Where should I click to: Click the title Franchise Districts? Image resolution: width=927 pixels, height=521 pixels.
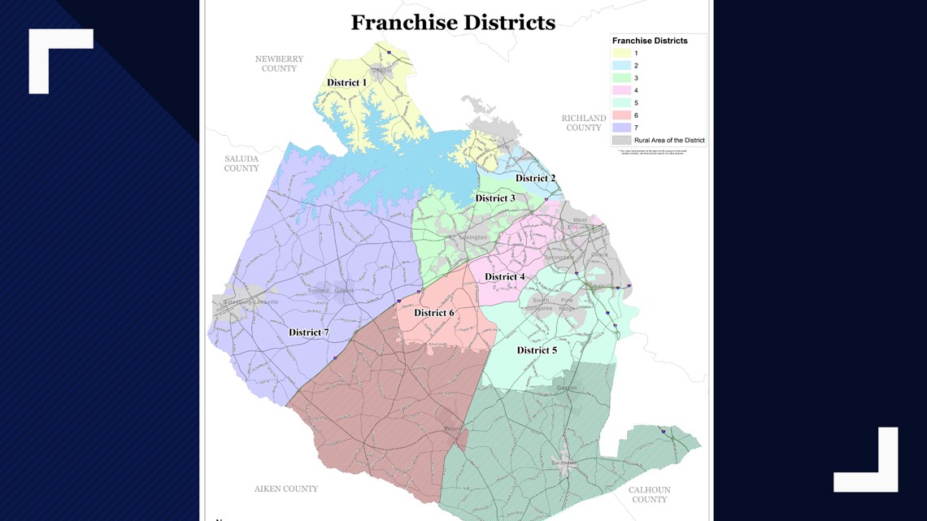tap(453, 23)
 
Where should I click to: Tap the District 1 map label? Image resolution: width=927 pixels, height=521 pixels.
tap(346, 83)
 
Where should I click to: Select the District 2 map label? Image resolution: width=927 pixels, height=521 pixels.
tap(535, 179)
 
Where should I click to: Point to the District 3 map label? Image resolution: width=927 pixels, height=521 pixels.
tap(495, 198)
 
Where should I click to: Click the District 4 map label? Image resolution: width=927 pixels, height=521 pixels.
tap(504, 277)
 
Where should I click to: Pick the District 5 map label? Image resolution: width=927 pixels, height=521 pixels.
tap(537, 350)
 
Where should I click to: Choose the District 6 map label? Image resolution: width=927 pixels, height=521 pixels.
tap(434, 313)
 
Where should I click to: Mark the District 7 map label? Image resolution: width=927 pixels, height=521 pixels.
tap(309, 332)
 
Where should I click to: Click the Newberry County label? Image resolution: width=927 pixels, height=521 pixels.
tap(279, 64)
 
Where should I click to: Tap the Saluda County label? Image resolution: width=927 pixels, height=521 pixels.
tap(242, 163)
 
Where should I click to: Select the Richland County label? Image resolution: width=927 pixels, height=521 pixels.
tap(584, 123)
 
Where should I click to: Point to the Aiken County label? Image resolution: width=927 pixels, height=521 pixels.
tap(286, 488)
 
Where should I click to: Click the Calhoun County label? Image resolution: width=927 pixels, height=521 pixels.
tap(649, 494)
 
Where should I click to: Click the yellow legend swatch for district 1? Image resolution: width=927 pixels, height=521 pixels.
tap(621, 54)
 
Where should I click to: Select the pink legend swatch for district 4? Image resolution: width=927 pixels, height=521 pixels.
tap(621, 91)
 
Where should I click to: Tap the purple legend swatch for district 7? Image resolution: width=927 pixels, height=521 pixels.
tap(621, 128)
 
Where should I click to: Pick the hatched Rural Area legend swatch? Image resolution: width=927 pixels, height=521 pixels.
tap(621, 141)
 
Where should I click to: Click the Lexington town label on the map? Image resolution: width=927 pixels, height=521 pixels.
tap(472, 237)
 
